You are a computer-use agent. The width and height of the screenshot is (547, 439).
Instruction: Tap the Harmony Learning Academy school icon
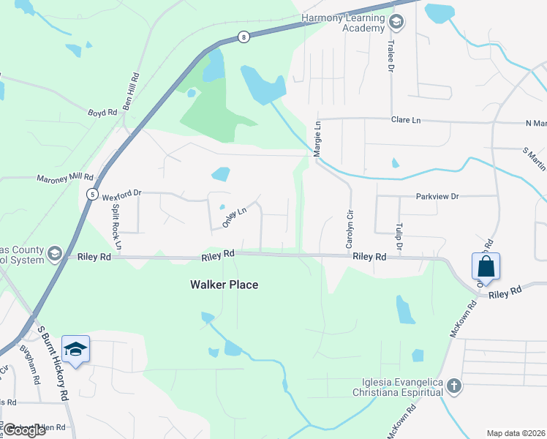pyautogui.click(x=396, y=22)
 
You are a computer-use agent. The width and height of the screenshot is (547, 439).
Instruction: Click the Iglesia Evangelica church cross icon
pyautogui.click(x=453, y=386)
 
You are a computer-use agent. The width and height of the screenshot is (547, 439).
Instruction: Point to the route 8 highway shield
pyautogui.click(x=243, y=36)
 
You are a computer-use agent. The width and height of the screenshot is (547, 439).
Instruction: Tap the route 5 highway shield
pyautogui.click(x=92, y=194)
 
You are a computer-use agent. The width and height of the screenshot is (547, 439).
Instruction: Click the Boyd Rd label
pyautogui.click(x=102, y=113)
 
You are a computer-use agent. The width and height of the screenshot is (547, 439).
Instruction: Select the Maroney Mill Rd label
pyautogui.click(x=66, y=177)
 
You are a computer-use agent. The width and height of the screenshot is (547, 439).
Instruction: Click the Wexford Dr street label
pyautogui.click(x=121, y=197)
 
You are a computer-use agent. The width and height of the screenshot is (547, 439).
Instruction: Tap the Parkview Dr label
pyautogui.click(x=437, y=196)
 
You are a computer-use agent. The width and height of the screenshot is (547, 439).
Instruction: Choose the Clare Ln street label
pyautogui.click(x=406, y=119)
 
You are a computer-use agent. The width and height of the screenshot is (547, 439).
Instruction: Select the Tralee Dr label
pyautogui.click(x=391, y=57)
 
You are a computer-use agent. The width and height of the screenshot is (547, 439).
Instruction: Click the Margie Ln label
pyautogui.click(x=317, y=139)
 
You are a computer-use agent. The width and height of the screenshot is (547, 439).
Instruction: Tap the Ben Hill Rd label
pyautogui.click(x=132, y=91)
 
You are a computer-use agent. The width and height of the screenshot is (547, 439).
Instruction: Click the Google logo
pyautogui.click(x=24, y=430)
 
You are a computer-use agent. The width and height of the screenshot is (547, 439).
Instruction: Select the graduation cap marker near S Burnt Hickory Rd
pyautogui.click(x=76, y=350)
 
